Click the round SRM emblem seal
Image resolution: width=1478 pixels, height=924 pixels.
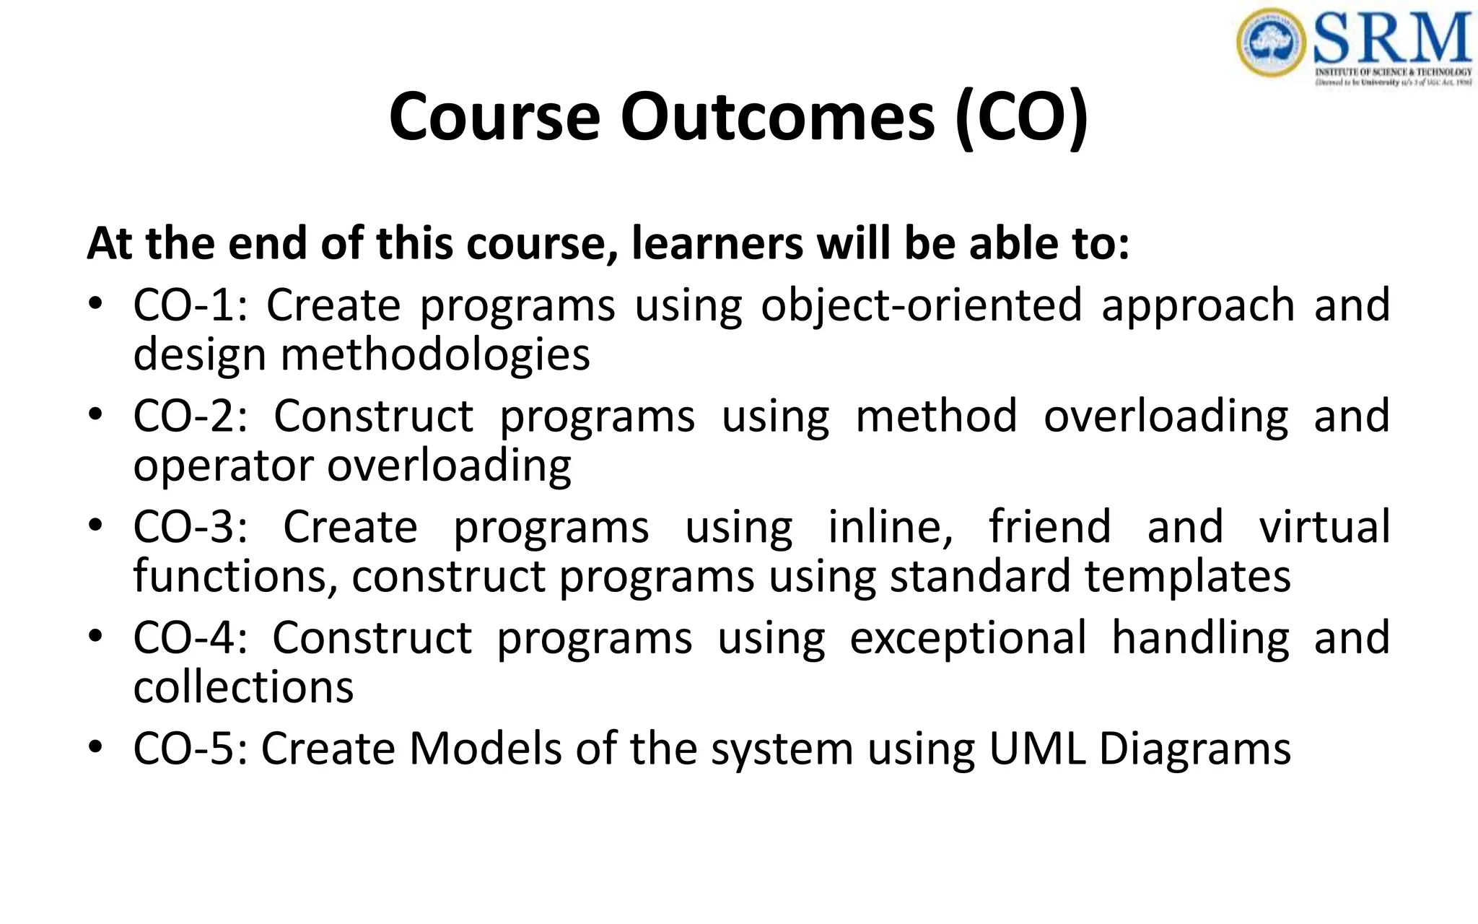(1271, 43)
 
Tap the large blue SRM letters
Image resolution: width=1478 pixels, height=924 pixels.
(1392, 39)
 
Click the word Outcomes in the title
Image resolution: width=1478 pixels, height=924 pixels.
(777, 117)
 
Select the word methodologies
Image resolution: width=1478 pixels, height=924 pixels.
(435, 355)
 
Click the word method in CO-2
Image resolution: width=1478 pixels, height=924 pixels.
(936, 416)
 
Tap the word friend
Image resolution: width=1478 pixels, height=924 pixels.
(1049, 526)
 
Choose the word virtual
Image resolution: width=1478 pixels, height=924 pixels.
(1324, 526)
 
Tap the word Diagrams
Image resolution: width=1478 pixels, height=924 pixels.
(1194, 749)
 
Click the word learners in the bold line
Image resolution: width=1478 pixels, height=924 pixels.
(717, 243)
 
